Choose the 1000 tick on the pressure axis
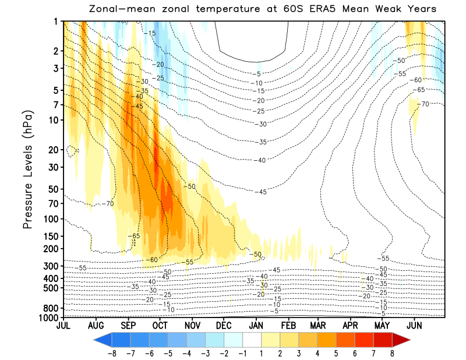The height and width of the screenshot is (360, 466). click(x=48, y=317)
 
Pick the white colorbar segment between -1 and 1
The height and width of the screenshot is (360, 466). click(x=252, y=340)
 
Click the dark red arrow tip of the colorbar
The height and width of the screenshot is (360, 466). click(x=402, y=340)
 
